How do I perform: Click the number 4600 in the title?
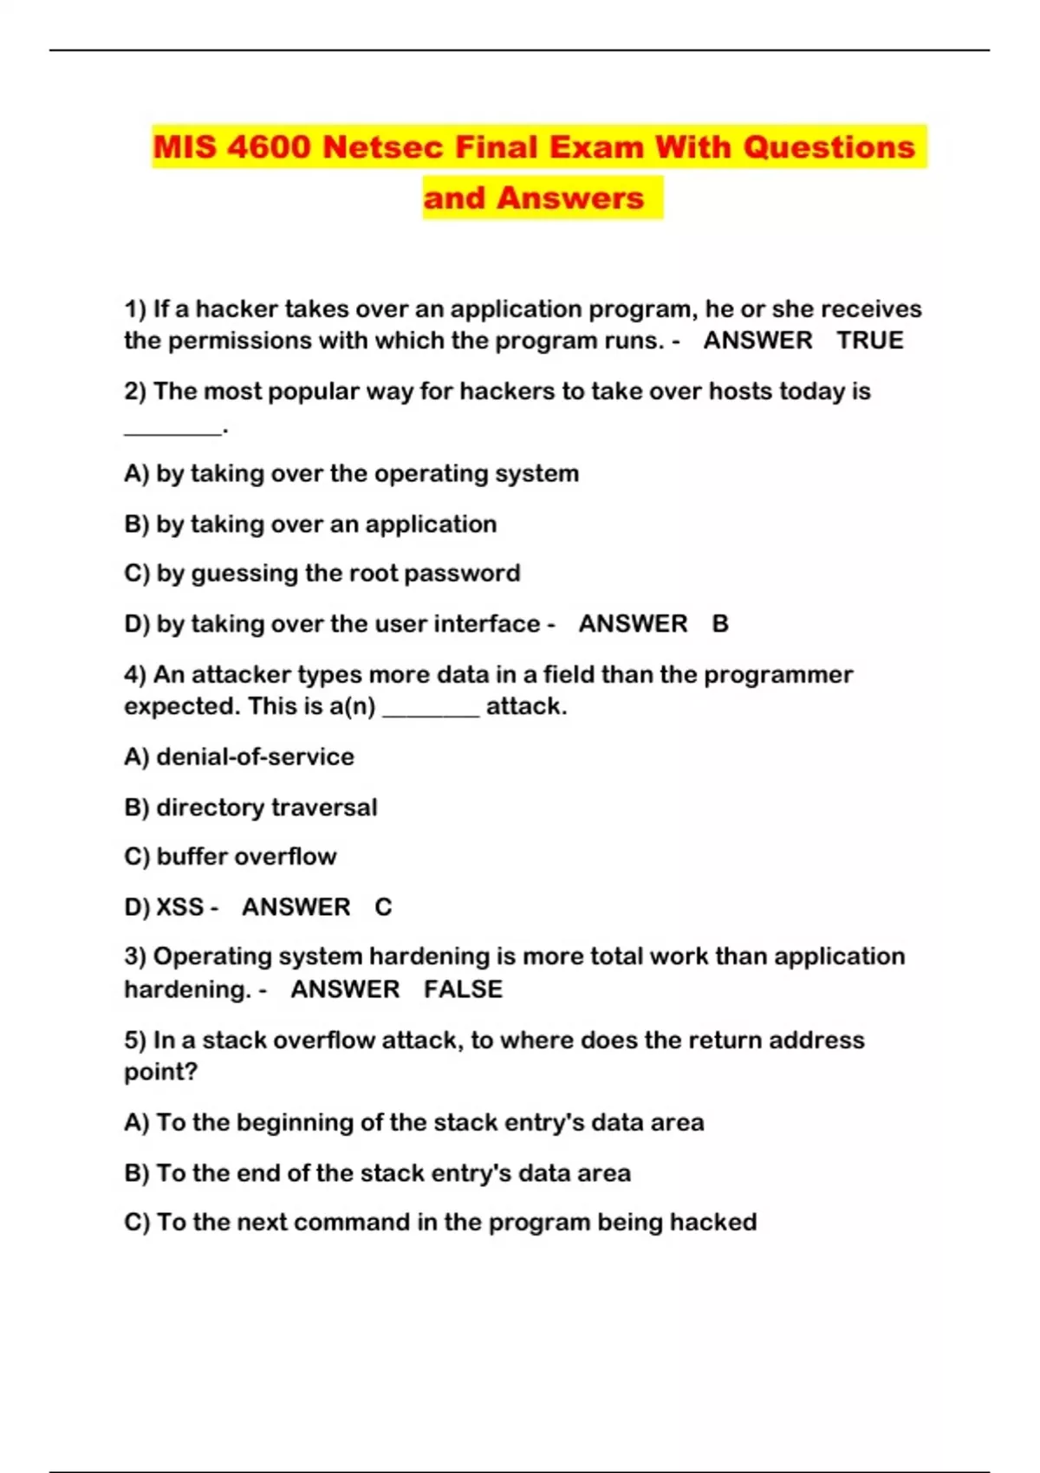click(269, 147)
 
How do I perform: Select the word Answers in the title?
click(570, 198)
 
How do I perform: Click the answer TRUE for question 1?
click(869, 341)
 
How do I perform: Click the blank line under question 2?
click(172, 429)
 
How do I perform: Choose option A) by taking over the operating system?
click(351, 474)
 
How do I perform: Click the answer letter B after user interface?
click(720, 624)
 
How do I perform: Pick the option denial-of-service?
click(255, 757)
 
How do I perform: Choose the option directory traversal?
click(266, 808)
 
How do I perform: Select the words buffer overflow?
click(246, 857)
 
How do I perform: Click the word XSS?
click(179, 907)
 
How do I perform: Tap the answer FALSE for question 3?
click(463, 990)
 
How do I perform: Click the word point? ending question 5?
click(160, 1073)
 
